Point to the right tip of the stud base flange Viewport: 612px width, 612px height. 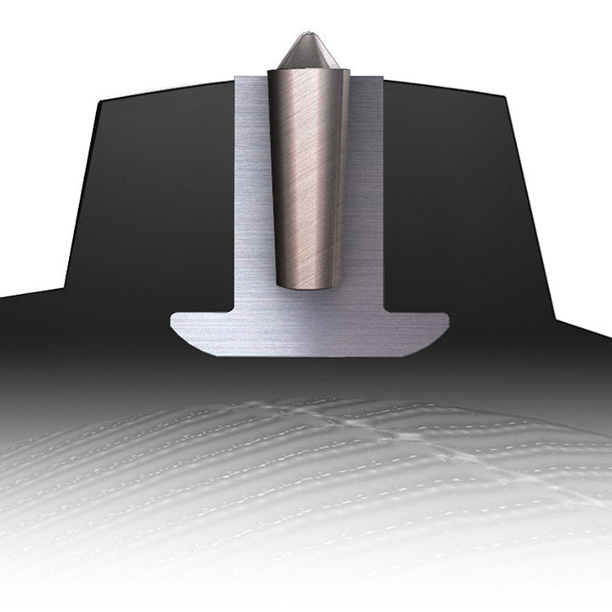(446, 320)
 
